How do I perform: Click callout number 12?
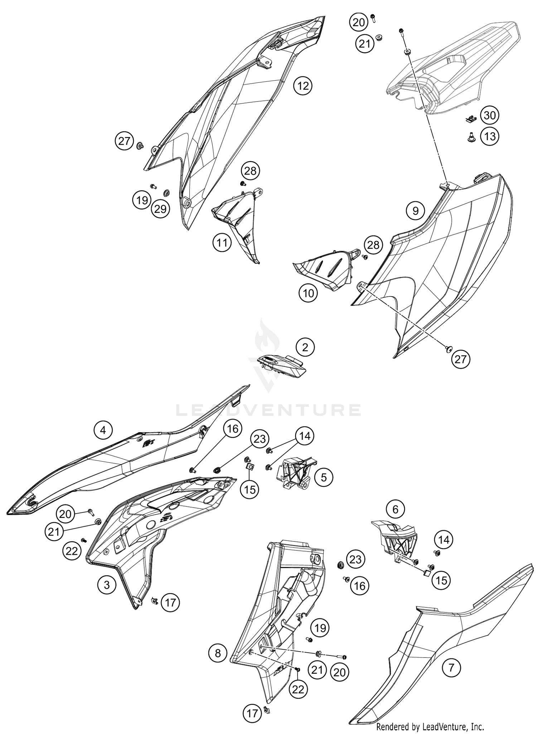303,86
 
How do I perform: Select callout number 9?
416,211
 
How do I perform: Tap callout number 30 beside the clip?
489,115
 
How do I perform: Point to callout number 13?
489,136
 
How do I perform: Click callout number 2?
305,347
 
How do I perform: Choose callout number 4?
103,429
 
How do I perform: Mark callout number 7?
451,667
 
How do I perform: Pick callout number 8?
218,653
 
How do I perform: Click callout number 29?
160,209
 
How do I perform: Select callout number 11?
222,243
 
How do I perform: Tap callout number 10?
308,294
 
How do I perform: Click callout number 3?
107,585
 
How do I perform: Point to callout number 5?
324,477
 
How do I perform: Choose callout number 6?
395,509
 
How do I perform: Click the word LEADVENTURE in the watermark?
268,410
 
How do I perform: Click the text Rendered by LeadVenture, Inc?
430,727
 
